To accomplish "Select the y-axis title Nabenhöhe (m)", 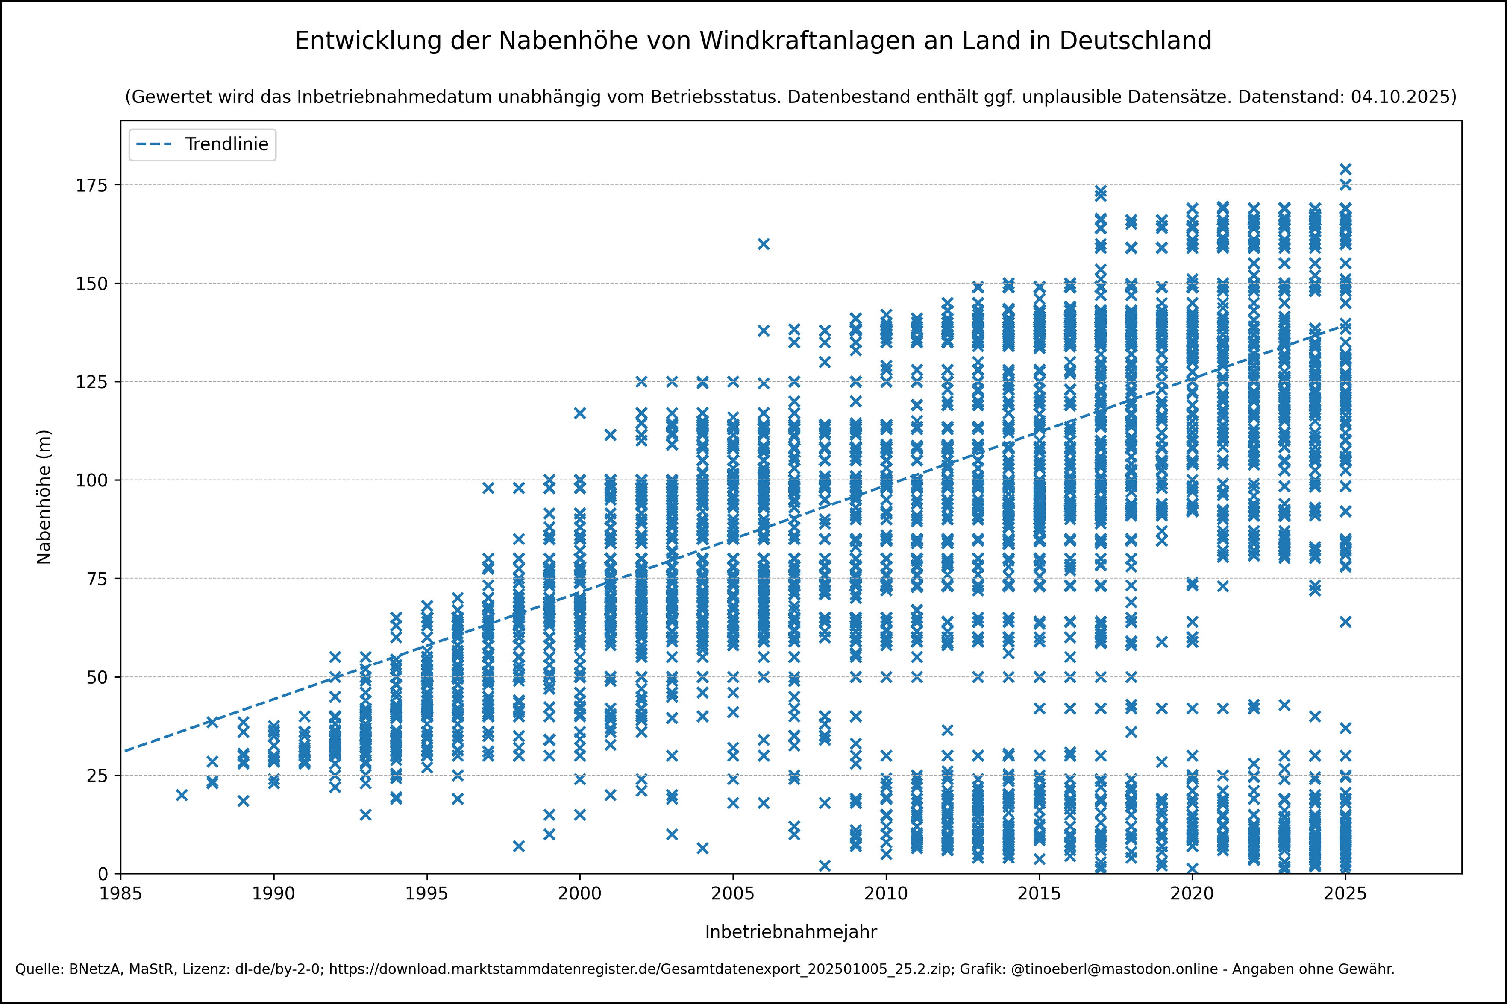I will pyautogui.click(x=44, y=497).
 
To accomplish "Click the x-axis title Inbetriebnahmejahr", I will pyautogui.click(x=790, y=932).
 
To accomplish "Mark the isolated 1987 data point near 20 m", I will pyautogui.click(x=182, y=795).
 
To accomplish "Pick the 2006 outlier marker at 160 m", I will pyautogui.click(x=764, y=244).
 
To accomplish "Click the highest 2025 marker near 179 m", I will pyautogui.click(x=1345, y=169).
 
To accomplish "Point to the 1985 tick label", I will pyautogui.click(x=120, y=894).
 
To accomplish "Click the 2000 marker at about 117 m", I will pyautogui.click(x=580, y=413).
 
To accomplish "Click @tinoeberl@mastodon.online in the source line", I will pyautogui.click(x=1114, y=969).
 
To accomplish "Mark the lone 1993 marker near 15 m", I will pyautogui.click(x=365, y=814).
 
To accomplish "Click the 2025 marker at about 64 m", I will pyautogui.click(x=1345, y=622).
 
